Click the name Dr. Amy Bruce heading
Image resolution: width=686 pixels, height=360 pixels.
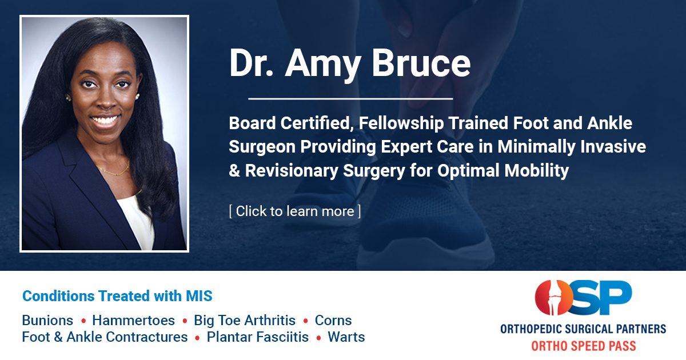coord(349,63)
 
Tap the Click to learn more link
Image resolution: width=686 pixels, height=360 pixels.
coord(294,211)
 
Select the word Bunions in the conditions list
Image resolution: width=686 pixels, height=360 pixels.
coord(47,320)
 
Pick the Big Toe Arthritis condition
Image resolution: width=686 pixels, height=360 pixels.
coord(245,320)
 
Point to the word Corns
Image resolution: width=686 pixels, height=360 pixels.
coord(333,320)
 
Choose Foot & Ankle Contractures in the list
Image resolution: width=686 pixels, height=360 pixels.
coord(105,337)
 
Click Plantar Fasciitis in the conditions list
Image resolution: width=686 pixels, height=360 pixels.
coord(257,337)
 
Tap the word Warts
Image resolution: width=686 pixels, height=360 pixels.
coord(346,337)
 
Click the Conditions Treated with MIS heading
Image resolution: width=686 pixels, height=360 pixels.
coord(117,296)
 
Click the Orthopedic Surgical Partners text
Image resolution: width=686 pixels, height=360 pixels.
coord(583,329)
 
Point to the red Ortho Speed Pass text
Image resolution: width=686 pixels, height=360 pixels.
coord(583,345)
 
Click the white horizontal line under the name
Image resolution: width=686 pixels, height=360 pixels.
coord(350,99)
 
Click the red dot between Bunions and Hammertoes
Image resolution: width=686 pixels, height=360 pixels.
coord(83,321)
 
